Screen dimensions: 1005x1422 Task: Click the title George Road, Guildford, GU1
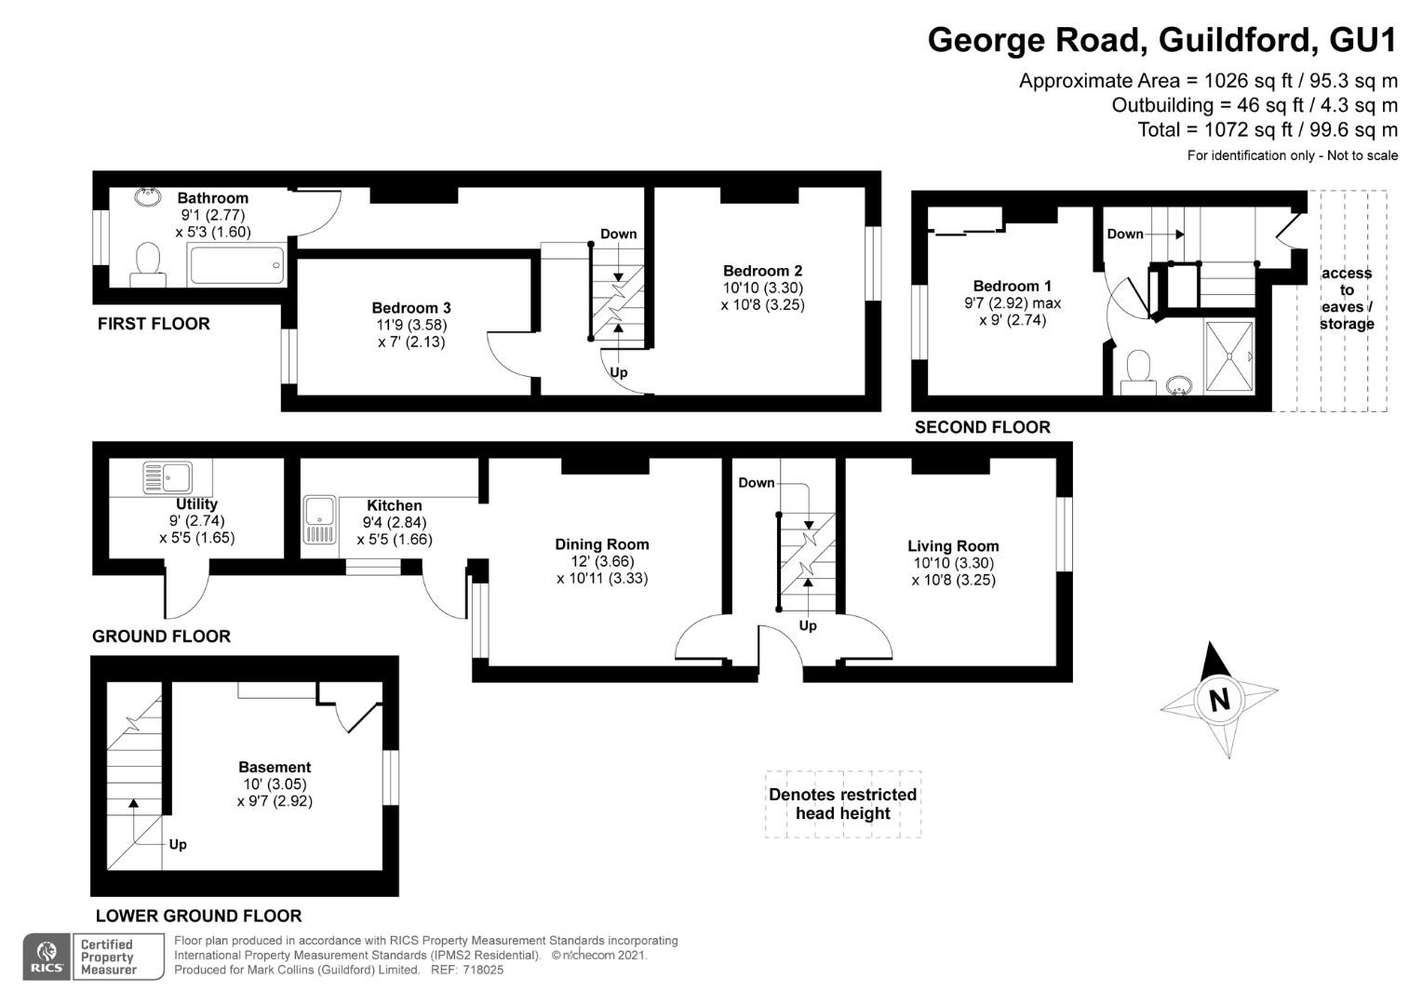click(1162, 40)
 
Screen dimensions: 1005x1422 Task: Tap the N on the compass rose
click(1218, 700)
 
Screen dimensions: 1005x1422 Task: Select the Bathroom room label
click(212, 197)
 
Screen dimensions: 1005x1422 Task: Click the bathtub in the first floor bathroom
click(236, 265)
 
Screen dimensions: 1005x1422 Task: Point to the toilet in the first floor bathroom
click(147, 264)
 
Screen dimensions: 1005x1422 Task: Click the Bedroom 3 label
click(411, 308)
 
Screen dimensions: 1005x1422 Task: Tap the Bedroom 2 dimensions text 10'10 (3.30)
click(762, 288)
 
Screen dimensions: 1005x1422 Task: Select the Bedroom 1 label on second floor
click(1012, 286)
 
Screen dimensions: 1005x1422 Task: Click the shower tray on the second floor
click(1229, 355)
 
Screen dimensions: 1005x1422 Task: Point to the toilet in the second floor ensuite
click(1137, 372)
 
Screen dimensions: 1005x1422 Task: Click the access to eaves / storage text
click(1346, 298)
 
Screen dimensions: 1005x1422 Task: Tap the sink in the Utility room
click(167, 478)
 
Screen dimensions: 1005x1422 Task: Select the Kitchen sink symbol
click(319, 520)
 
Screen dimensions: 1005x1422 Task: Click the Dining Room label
click(602, 544)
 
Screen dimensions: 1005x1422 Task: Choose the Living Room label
click(953, 546)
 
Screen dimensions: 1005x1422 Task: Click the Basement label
click(275, 767)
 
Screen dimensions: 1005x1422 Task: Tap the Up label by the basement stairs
click(177, 844)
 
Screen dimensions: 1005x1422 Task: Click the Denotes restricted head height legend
click(842, 804)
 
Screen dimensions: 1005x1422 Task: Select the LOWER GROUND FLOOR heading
click(198, 916)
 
